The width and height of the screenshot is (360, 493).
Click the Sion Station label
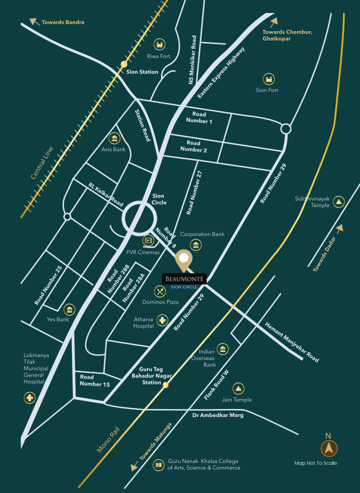(x=142, y=72)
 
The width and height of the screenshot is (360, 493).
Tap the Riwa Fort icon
(x=159, y=44)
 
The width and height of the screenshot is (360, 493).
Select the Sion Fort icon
(x=269, y=78)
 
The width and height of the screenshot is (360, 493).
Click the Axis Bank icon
(x=114, y=138)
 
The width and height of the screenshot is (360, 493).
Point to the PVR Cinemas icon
(x=148, y=240)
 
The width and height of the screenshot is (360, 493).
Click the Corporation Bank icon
(x=196, y=244)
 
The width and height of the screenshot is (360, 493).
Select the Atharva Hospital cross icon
(x=162, y=320)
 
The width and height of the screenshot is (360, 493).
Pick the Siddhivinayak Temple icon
(x=339, y=201)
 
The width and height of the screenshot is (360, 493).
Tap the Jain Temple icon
(x=238, y=388)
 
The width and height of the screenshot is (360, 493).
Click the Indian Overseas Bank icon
(x=223, y=348)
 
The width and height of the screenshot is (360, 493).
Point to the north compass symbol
(x=329, y=448)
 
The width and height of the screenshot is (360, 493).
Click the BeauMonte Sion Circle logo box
(x=184, y=281)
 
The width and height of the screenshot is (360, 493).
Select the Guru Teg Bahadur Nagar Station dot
(x=165, y=385)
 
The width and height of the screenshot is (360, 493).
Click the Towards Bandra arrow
(x=34, y=21)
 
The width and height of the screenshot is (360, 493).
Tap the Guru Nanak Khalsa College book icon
(x=158, y=465)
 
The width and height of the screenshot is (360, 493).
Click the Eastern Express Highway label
(x=221, y=72)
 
